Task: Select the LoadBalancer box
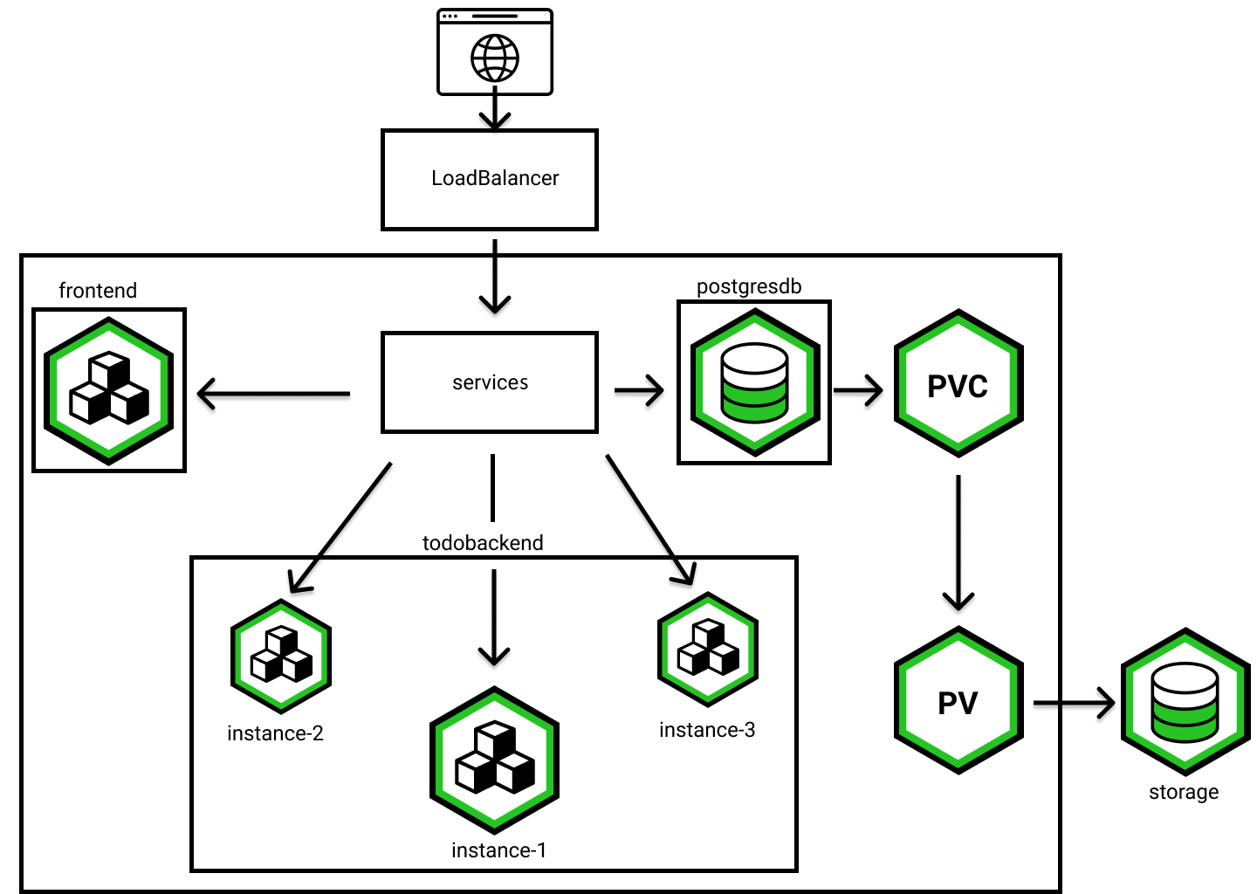490,180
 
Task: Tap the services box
490,382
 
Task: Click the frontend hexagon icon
109,391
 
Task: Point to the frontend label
98,291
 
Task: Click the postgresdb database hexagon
755,383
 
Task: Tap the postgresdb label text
749,286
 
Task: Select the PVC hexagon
958,384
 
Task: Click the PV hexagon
958,701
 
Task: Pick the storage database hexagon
1185,701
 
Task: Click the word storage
1184,792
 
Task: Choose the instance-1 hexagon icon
495,760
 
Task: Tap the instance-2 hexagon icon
281,657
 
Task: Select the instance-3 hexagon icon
708,650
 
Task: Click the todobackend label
483,543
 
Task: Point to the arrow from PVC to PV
958,541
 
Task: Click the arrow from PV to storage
1074,703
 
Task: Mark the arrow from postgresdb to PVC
858,390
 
